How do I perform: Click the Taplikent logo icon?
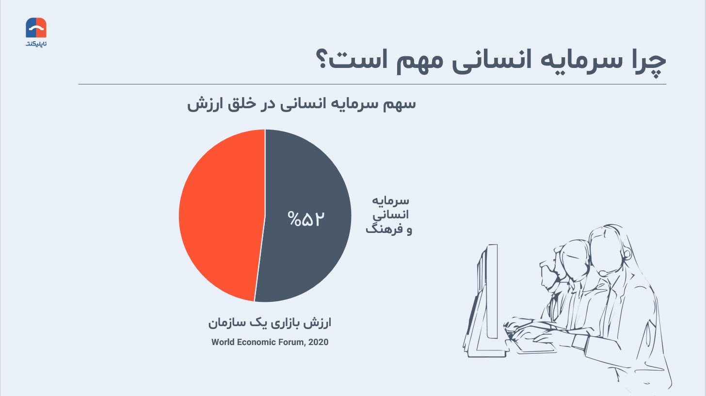36,28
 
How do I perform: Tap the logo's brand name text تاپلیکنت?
36,44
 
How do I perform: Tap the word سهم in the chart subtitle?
400,104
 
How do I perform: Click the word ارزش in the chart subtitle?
202,104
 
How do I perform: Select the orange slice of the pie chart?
221,214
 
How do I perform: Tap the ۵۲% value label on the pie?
305,218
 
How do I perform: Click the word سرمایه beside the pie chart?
390,201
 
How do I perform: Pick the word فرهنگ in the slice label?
380,229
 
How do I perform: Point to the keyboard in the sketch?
532,342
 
